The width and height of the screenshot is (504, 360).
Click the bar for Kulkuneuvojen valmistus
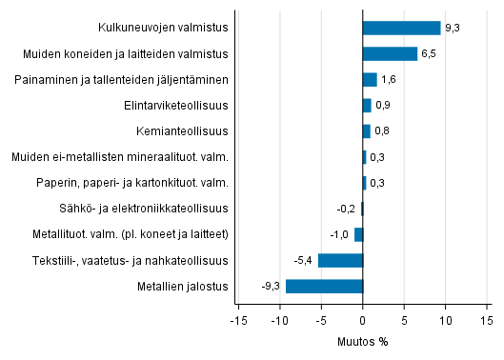pos(401,28)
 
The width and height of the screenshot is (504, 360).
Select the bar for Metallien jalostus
pos(324,286)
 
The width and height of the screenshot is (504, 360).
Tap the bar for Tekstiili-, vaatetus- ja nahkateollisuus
pos(340,260)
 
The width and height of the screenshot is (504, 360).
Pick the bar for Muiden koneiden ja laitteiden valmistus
pos(390,53)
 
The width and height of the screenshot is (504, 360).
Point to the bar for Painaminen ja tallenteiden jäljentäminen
pos(370,79)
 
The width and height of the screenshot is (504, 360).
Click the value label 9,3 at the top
pos(452,29)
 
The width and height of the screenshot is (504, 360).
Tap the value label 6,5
pos(429,54)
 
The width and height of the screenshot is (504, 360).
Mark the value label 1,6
pos(388,80)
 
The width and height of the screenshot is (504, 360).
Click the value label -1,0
pos(340,234)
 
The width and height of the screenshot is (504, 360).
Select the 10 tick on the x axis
pos(445,320)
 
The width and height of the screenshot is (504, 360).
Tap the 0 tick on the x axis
pos(363,320)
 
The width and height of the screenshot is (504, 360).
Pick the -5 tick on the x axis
pos(321,320)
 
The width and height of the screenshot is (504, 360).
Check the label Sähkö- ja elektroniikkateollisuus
pos(151,209)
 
